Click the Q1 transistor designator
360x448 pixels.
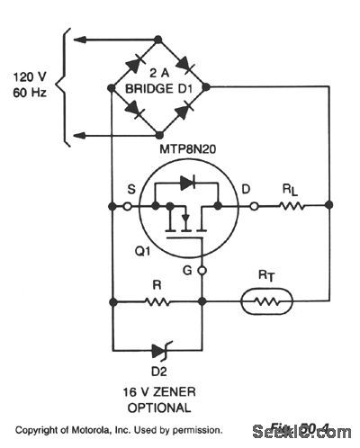point(137,251)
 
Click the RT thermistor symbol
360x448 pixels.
point(266,301)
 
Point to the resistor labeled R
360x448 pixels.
point(158,301)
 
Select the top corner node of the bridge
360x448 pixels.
point(158,39)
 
